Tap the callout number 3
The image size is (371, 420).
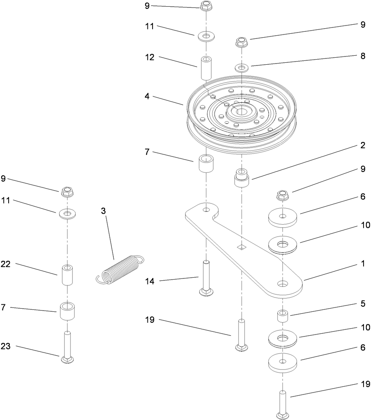[x=104, y=211]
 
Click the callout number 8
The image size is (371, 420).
[x=363, y=56]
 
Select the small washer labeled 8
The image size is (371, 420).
[x=242, y=68]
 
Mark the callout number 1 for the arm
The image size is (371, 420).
[x=363, y=264]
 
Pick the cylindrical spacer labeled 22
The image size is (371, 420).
[x=68, y=275]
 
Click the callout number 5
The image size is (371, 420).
[x=363, y=304]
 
